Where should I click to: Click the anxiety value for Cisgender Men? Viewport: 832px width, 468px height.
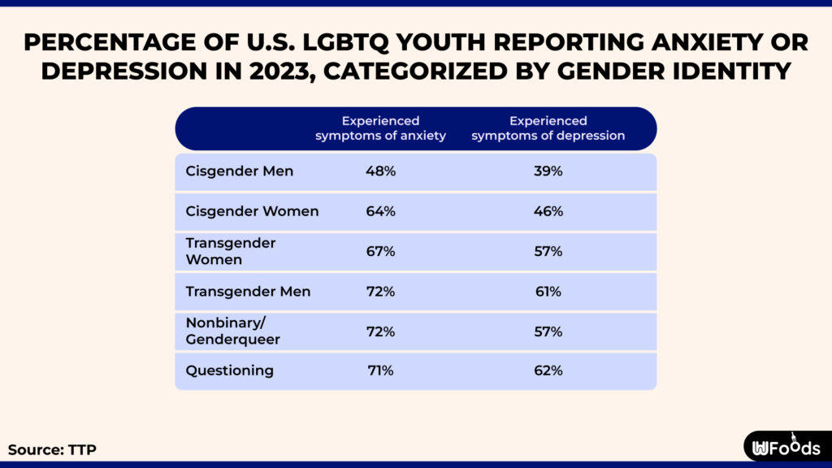[x=380, y=171]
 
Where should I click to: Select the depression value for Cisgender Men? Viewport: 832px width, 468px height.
[x=548, y=171]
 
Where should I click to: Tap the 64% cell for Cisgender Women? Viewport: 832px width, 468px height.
[x=380, y=211]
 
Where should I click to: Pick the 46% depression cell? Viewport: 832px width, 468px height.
[x=548, y=211]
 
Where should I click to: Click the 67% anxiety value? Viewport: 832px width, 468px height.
[x=380, y=252]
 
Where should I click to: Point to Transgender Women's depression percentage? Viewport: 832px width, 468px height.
[x=548, y=252]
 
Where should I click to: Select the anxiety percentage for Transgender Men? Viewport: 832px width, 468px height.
[x=380, y=292]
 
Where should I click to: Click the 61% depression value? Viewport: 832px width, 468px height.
[x=548, y=292]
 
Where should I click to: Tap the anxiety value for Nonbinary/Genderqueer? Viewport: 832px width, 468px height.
[x=380, y=331]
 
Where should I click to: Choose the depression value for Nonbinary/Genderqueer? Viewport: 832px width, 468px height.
[x=548, y=331]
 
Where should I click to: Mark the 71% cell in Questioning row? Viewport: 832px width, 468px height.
[x=380, y=370]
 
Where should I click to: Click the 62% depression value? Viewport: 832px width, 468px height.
[x=548, y=370]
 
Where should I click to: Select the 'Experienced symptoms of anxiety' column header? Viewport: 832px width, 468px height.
[x=380, y=128]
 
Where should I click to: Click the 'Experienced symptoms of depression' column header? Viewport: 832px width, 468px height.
[x=548, y=128]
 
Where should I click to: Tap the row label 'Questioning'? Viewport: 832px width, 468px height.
[x=229, y=370]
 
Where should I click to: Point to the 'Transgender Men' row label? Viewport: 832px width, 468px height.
[x=248, y=292]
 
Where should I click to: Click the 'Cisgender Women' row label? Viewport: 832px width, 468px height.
[x=252, y=211]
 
